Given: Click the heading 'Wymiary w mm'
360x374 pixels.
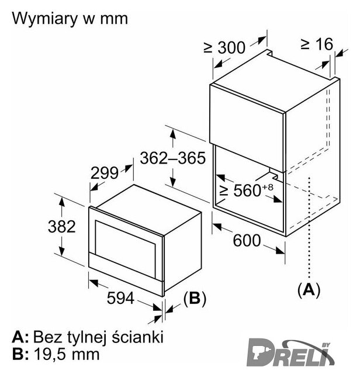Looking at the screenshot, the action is click(x=70, y=19).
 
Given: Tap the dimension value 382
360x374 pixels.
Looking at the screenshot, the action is click(x=62, y=227).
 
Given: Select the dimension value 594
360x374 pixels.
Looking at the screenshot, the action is click(x=120, y=298).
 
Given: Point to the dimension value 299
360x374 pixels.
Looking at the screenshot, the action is click(x=105, y=173).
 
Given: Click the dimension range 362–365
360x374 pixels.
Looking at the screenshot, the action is click(x=173, y=158).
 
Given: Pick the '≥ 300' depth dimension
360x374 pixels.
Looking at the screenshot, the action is click(x=224, y=47).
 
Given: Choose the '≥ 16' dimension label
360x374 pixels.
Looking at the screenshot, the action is click(x=317, y=44).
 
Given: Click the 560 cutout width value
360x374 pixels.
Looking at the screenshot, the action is click(x=247, y=191).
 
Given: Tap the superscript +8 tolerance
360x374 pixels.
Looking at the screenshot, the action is click(x=268, y=187).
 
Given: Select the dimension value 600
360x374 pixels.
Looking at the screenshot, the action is click(x=247, y=240).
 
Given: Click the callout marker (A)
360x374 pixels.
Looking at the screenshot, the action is click(x=309, y=290).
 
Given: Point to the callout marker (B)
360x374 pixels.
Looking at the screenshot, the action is click(x=195, y=299).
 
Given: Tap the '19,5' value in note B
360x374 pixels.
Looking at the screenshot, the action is click(x=50, y=354).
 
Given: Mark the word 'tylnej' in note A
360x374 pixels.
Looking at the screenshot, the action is click(x=86, y=337).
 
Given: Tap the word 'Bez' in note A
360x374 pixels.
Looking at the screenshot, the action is click(x=48, y=337).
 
